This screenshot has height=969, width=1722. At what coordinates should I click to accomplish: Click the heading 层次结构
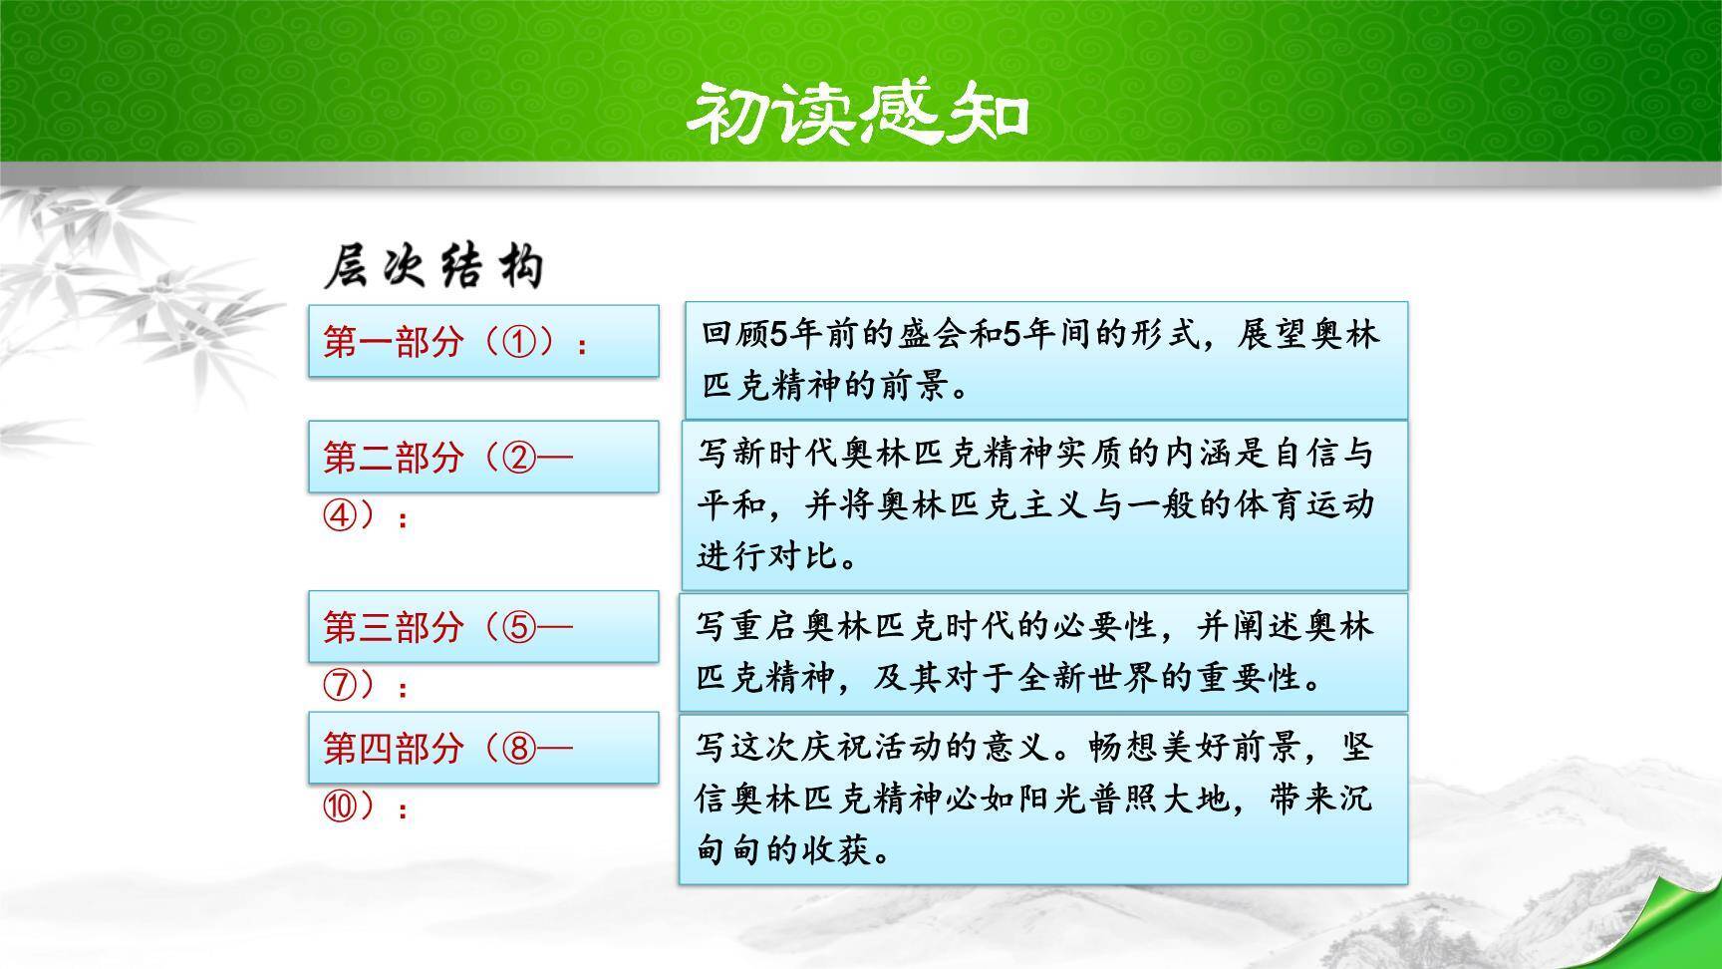point(434,267)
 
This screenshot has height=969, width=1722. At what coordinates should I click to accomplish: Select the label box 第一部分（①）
point(483,342)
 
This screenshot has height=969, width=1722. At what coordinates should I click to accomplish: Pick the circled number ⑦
point(340,686)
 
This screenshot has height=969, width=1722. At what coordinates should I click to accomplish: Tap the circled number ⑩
point(340,807)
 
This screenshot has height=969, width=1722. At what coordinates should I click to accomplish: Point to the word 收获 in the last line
point(836,850)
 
